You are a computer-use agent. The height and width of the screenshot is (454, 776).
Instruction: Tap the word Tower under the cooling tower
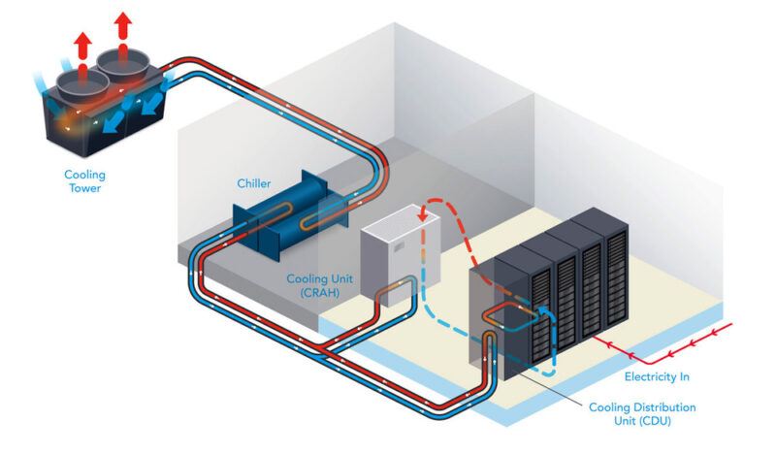(x=85, y=189)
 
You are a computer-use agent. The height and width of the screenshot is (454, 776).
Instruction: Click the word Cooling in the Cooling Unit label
(x=307, y=278)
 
